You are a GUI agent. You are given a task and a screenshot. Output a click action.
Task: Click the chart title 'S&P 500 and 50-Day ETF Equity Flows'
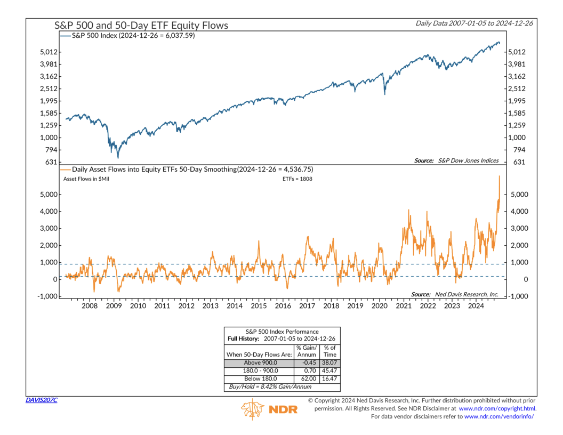pos(141,26)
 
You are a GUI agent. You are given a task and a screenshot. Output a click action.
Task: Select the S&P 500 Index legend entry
pos(127,36)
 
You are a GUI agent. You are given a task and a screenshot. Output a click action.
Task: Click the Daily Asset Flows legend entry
pos(187,170)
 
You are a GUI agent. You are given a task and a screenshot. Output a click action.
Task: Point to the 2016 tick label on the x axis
pos(283,306)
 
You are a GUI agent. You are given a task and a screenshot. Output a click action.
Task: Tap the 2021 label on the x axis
pos(404,306)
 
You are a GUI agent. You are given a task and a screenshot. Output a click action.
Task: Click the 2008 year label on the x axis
pos(90,306)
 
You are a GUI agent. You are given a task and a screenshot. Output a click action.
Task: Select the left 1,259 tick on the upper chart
pos(49,125)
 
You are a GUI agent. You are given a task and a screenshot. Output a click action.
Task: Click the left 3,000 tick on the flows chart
pos(49,228)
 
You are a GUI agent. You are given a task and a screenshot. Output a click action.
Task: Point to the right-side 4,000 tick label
pos(519,212)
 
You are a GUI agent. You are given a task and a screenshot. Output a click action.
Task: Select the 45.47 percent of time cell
pos(329,370)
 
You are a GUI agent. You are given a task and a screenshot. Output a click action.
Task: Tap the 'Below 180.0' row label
pos(260,378)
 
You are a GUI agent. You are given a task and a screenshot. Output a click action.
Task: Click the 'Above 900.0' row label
pos(260,363)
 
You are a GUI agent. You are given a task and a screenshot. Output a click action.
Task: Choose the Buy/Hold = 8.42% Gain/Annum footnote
pos(270,387)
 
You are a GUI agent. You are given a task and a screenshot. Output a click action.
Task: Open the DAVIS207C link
pos(41,400)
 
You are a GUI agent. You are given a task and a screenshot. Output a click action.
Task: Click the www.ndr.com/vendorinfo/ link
pos(499,417)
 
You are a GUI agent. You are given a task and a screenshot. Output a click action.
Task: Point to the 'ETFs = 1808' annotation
pos(297,179)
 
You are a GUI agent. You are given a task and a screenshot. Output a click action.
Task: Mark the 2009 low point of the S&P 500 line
pos(118,158)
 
